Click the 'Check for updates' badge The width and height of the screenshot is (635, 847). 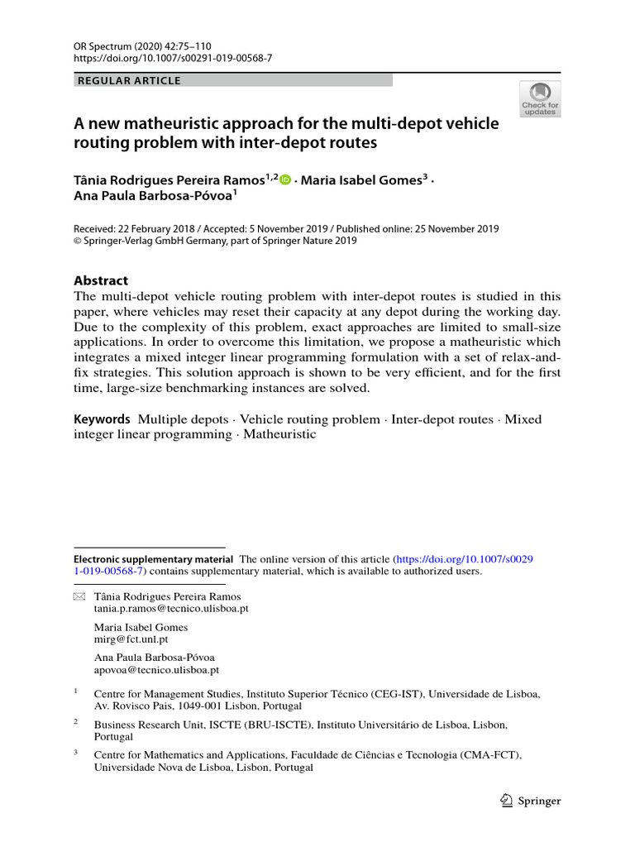(540, 98)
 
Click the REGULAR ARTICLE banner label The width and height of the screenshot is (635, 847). (128, 81)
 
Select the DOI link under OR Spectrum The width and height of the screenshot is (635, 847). (173, 60)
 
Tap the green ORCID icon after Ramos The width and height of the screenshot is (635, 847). (285, 180)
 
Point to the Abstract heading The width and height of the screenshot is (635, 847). (101, 280)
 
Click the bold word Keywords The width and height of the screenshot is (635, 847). (102, 419)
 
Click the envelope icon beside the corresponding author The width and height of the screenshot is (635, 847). (79, 596)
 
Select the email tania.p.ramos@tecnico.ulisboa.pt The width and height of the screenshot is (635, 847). (171, 608)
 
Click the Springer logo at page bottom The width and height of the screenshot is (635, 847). (531, 800)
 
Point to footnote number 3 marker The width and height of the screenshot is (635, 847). (76, 753)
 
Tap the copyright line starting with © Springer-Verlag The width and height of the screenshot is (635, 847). (215, 241)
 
